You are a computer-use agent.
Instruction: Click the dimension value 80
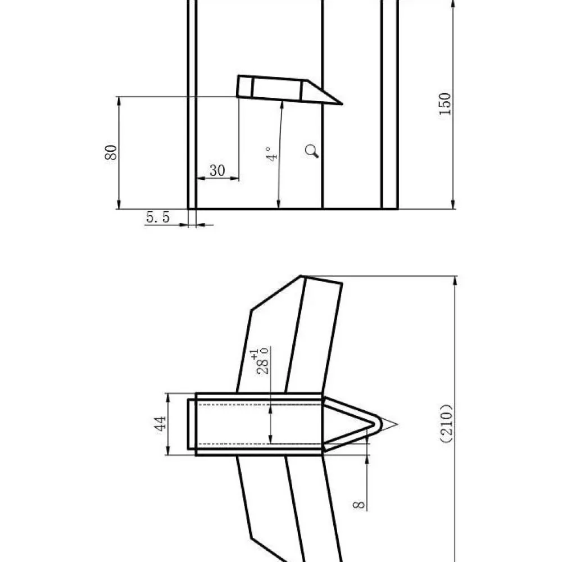pyautogui.click(x=111, y=152)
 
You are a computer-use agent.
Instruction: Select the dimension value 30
pyautogui.click(x=217, y=171)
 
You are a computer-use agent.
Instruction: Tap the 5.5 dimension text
pyautogui.click(x=158, y=217)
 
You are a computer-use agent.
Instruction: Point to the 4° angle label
pyautogui.click(x=273, y=154)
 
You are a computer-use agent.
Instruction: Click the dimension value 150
pyautogui.click(x=445, y=104)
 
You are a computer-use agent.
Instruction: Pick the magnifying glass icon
pyautogui.click(x=312, y=151)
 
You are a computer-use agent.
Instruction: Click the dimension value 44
pyautogui.click(x=160, y=424)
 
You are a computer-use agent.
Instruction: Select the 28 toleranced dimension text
pyautogui.click(x=262, y=366)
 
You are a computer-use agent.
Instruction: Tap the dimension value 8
pyautogui.click(x=359, y=505)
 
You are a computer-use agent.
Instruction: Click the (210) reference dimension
pyautogui.click(x=447, y=424)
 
